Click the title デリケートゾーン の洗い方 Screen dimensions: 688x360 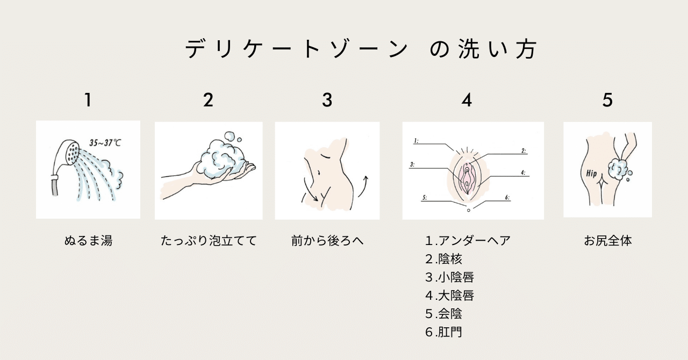pyautogui.click(x=361, y=48)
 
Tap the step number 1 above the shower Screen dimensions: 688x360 pyautogui.click(x=88, y=100)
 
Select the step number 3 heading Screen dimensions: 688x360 pyautogui.click(x=327, y=100)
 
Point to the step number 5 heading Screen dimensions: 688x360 pyautogui.click(x=607, y=100)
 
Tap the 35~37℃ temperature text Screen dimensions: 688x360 pyautogui.click(x=105, y=143)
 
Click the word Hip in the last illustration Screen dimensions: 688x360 pyautogui.click(x=591, y=174)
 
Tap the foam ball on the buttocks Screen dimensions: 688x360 pyautogui.click(x=618, y=170)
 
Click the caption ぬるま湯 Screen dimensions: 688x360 pyautogui.click(x=88, y=241)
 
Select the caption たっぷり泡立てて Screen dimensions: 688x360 pyautogui.click(x=209, y=241)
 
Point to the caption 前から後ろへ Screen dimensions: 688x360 pyautogui.click(x=327, y=241)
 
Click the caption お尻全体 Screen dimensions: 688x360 pyautogui.click(x=607, y=241)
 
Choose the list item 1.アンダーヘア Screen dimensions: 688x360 pyautogui.click(x=468, y=241)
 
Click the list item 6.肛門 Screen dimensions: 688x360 pyautogui.click(x=443, y=332)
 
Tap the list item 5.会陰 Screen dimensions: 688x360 pyautogui.click(x=443, y=314)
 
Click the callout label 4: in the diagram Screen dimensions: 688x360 pyautogui.click(x=523, y=172)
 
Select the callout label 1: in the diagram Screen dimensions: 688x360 pyautogui.click(x=416, y=141)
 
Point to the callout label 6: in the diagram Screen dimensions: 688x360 pyautogui.click(x=507, y=198)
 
